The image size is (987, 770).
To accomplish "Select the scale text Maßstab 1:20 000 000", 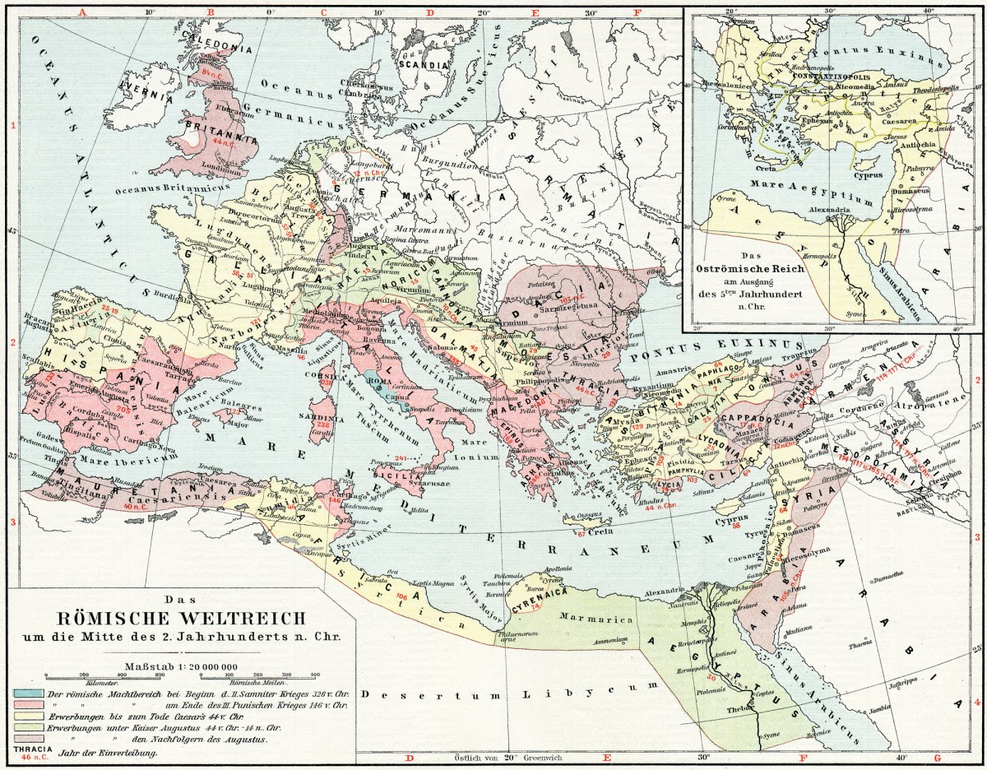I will point(181,666).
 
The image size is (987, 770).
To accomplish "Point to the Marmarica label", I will point(586,615).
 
